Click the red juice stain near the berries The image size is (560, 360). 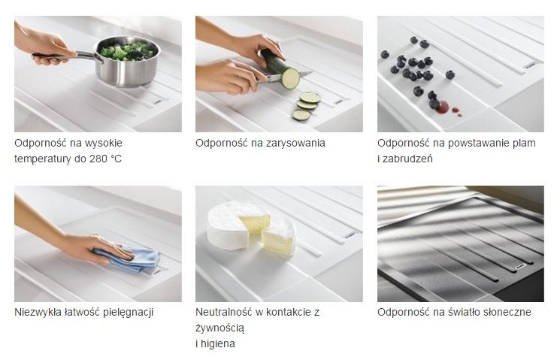443,107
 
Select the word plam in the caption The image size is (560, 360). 523,143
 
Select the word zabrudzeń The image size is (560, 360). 410,159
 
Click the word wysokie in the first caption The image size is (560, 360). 104,143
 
